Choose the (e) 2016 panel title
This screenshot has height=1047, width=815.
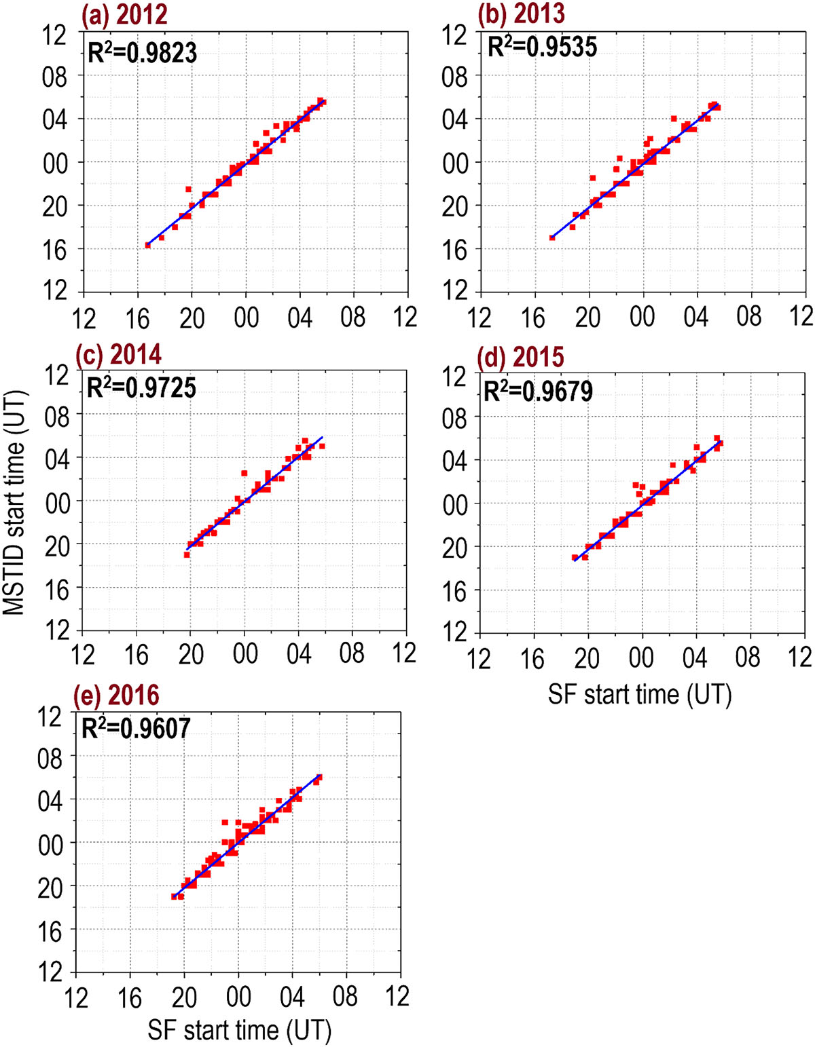[120, 696]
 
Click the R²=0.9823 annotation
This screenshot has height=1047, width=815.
[143, 52]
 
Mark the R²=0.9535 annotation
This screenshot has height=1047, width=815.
[543, 47]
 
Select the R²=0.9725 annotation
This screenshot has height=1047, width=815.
[142, 387]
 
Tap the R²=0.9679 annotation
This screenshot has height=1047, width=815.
[538, 391]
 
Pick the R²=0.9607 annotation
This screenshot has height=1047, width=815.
[137, 728]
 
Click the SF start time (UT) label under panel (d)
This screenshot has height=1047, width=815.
[640, 695]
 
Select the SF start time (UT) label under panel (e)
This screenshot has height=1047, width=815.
[240, 1030]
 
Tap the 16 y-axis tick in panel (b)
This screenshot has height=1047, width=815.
[455, 249]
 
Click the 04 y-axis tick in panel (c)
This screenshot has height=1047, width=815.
[57, 457]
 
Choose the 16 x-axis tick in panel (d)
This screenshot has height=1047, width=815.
[533, 658]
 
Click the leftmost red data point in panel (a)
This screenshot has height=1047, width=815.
[148, 245]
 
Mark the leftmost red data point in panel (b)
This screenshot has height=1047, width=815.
[552, 237]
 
